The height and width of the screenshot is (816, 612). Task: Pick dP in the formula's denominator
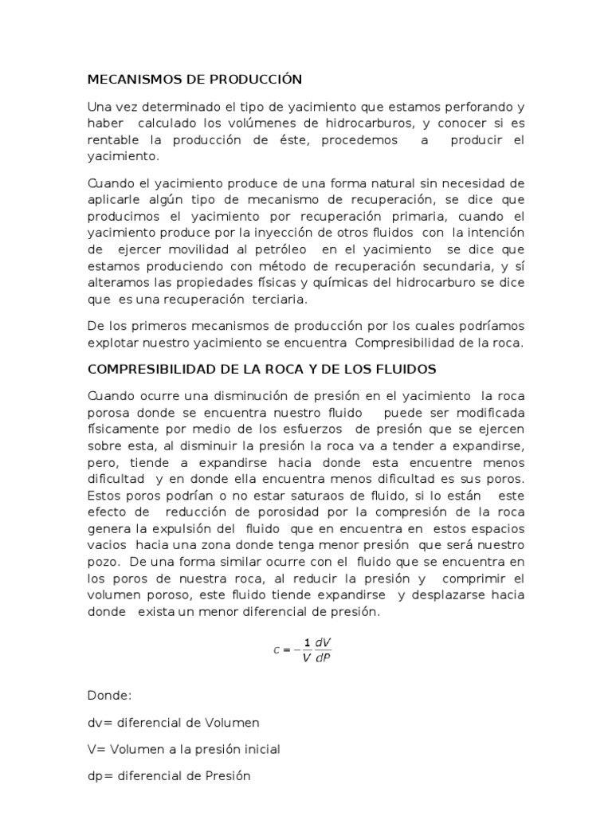pos(323,657)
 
